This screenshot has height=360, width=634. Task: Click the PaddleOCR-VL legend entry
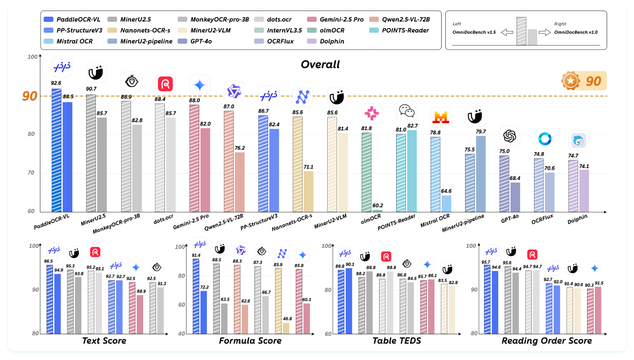tap(72, 19)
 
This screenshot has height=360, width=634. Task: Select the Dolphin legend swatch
tap(312, 41)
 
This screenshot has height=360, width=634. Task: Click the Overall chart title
tap(320, 65)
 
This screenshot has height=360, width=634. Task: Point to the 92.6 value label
tap(56, 83)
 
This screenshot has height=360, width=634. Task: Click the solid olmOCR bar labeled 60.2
tap(378, 211)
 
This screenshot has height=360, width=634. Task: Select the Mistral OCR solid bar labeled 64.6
tap(446, 203)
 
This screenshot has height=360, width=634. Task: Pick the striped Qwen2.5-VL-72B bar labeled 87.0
tap(229, 161)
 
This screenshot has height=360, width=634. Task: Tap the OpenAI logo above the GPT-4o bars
tap(509, 136)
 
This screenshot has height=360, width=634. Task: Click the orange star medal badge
tap(571, 81)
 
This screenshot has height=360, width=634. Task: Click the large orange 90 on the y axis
tap(30, 96)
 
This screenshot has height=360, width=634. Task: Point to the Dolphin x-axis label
tap(577, 219)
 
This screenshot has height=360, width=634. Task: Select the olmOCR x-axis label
tap(371, 219)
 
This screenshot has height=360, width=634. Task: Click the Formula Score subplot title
tap(250, 341)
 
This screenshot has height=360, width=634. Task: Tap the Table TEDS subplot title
tap(397, 341)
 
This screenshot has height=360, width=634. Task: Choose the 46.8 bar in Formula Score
tap(286, 328)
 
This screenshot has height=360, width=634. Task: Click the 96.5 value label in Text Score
tap(48, 261)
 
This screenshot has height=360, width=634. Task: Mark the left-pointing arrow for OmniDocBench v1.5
tap(507, 33)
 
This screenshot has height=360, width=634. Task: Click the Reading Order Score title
tap(547, 341)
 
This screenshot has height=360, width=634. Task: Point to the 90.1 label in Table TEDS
tap(350, 264)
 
